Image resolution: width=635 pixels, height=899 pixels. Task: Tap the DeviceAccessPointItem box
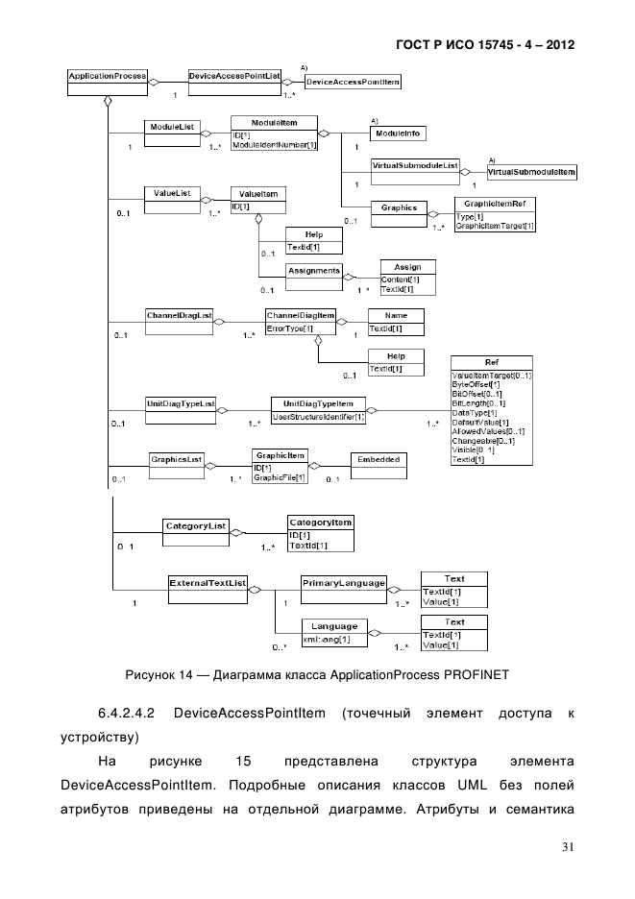352,84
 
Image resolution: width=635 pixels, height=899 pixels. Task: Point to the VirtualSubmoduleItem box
532,172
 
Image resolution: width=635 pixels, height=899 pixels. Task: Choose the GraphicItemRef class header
495,205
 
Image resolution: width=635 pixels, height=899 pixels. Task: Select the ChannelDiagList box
178,316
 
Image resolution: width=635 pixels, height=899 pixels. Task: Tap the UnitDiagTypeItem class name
318,404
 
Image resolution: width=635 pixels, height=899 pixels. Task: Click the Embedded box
379,460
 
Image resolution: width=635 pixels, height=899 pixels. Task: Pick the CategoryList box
196,526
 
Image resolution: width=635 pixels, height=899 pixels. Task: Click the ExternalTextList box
208,583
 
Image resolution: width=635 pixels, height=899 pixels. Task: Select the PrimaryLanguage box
344,583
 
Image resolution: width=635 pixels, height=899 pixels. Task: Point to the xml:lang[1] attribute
327,639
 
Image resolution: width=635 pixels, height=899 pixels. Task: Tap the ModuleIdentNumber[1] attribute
275,145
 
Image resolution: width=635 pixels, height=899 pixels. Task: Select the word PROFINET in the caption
468,674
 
